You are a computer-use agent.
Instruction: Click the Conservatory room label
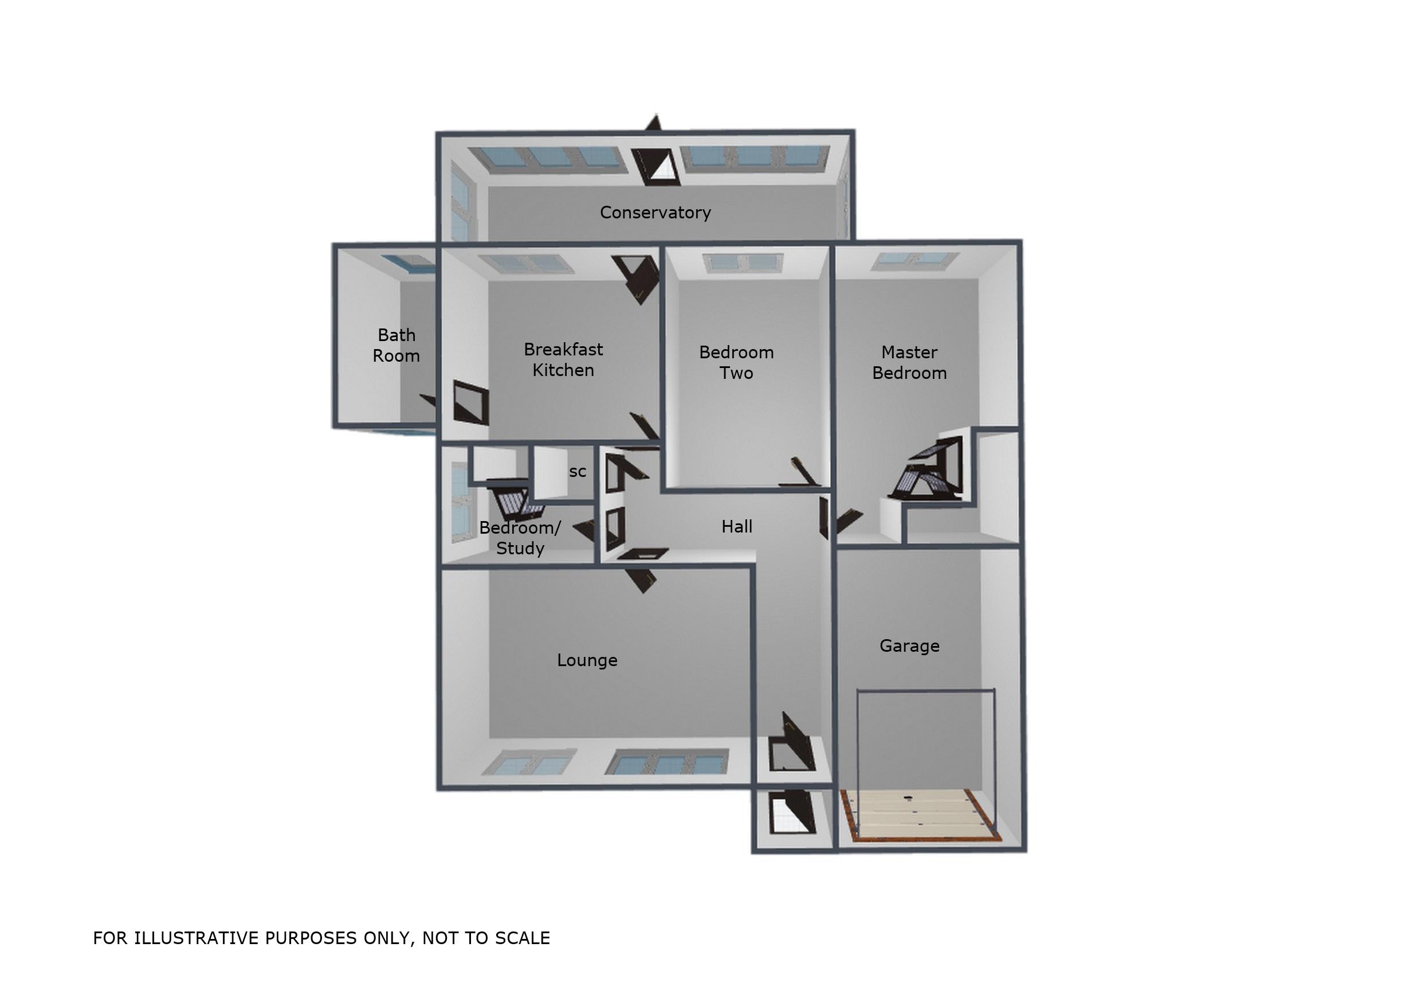click(x=655, y=213)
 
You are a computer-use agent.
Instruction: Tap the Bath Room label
click(x=396, y=346)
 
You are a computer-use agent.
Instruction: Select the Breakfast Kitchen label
click(x=563, y=360)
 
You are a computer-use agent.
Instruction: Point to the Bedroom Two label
click(x=736, y=362)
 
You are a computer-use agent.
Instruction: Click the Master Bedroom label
click(x=909, y=362)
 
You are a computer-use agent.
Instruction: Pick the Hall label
click(x=736, y=526)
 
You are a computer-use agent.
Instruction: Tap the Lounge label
click(x=587, y=660)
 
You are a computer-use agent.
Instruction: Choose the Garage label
click(x=909, y=646)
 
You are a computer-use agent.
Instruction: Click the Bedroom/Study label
click(x=520, y=538)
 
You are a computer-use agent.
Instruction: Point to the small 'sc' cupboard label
click(x=578, y=472)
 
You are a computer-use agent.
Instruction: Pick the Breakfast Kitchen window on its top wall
click(x=527, y=264)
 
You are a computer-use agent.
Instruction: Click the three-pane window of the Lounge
click(x=667, y=762)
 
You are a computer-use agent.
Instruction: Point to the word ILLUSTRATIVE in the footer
click(x=197, y=938)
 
